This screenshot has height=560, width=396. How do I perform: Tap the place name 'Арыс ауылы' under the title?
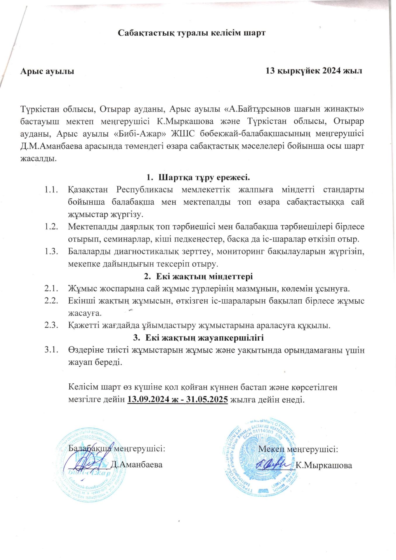47,71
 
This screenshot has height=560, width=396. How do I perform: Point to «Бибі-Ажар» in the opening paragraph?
150,134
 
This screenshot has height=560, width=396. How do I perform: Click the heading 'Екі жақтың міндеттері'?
204,276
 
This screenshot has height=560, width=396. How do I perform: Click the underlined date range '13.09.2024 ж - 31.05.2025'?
178,399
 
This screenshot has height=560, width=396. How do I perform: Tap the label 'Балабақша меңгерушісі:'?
117,448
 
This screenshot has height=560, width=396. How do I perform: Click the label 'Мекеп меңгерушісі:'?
298,449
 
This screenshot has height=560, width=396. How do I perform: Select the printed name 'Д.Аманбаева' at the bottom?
137,465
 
